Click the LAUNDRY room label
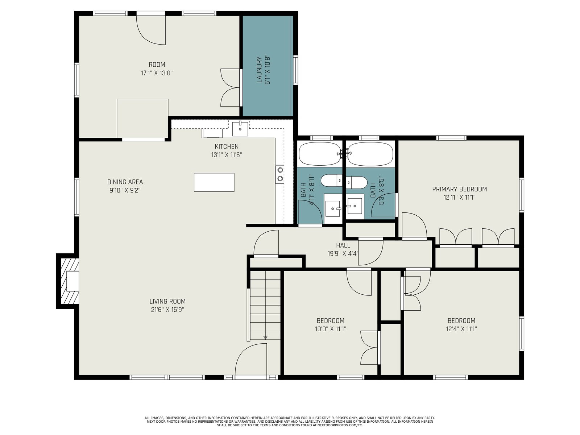click(x=259, y=70)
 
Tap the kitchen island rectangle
click(x=214, y=182)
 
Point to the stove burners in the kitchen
click(x=280, y=174)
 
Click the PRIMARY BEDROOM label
click(x=460, y=189)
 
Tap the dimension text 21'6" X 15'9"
click(x=167, y=310)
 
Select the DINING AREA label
click(x=125, y=182)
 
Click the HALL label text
click(x=343, y=245)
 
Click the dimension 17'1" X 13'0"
click(x=157, y=73)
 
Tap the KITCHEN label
click(x=227, y=146)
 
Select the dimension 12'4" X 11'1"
click(x=461, y=329)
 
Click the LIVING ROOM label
click(x=167, y=301)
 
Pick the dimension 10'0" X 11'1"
click(x=331, y=329)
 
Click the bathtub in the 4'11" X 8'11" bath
click(x=320, y=154)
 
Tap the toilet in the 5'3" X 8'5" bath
click(x=356, y=182)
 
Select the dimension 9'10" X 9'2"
click(x=125, y=190)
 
